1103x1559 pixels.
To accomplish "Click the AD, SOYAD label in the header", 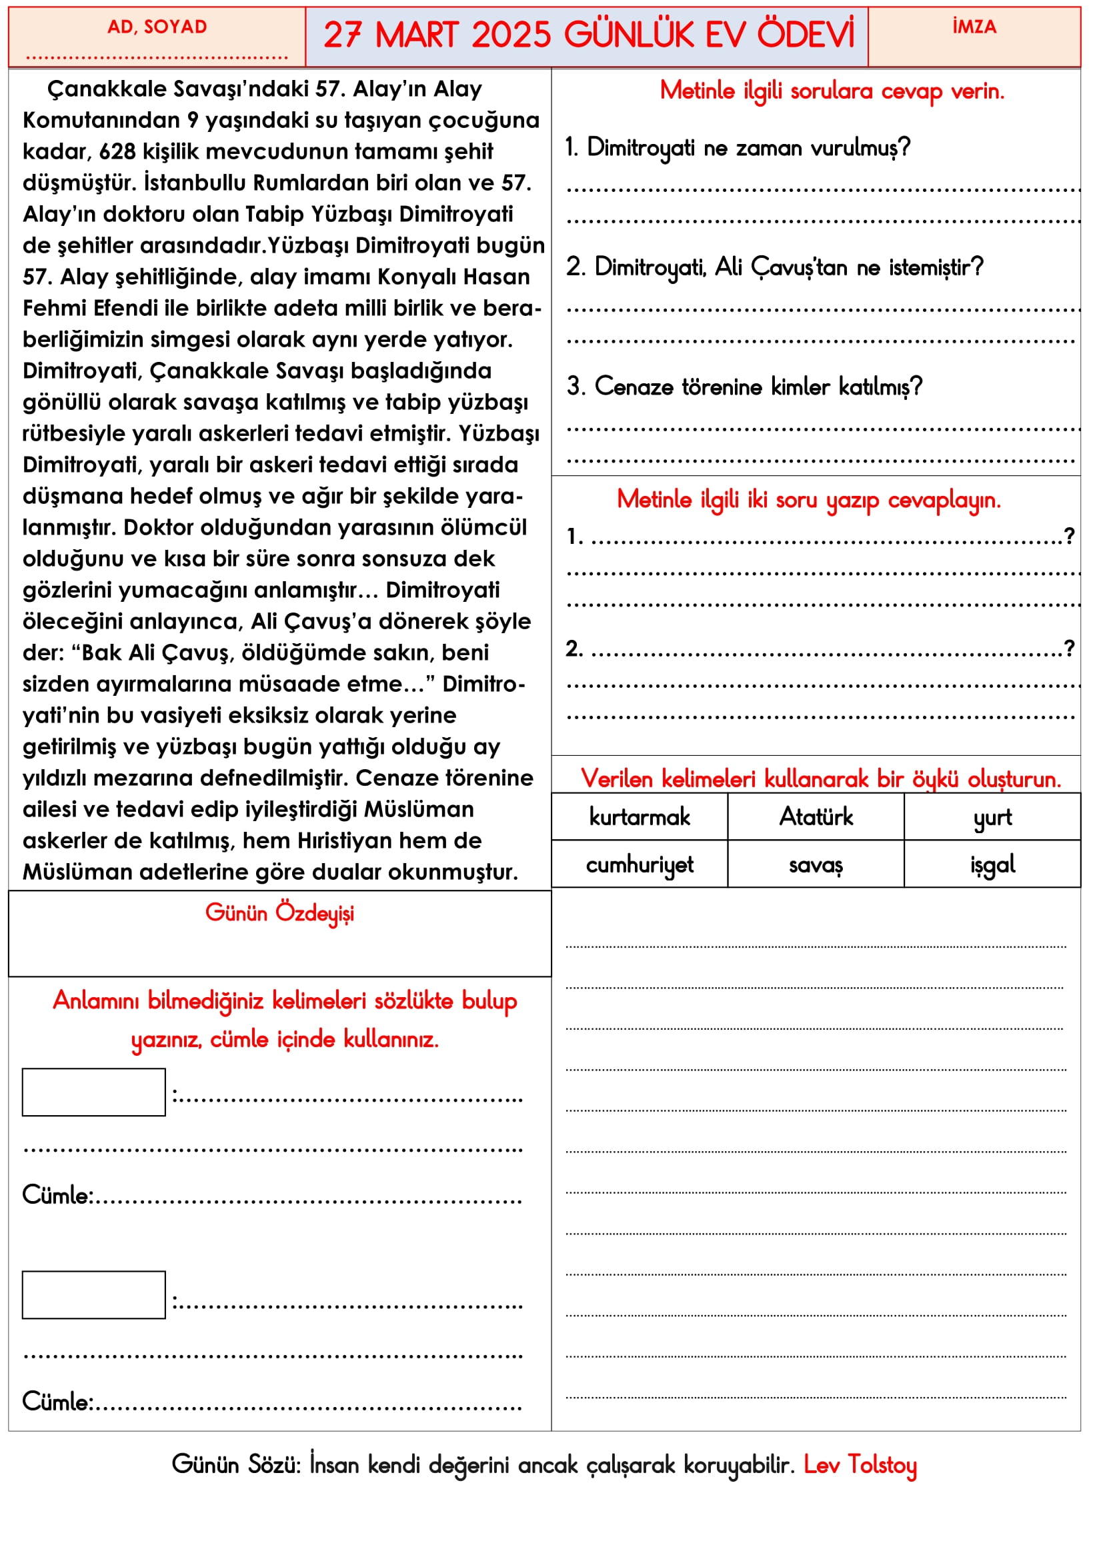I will (x=157, y=27).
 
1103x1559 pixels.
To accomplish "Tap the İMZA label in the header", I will (x=974, y=27).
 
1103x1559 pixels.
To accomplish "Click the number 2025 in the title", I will (x=511, y=35).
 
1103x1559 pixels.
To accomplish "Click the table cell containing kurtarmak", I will (x=639, y=817).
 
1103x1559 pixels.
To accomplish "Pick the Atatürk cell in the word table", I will (x=816, y=817).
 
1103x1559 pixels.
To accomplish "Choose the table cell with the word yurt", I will (x=992, y=818).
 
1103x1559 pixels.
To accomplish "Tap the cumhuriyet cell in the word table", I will (x=639, y=864).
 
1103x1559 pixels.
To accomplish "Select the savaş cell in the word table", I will (x=816, y=865).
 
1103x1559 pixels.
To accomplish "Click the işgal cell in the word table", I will (x=992, y=864).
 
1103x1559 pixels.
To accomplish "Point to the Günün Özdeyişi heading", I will (x=279, y=913).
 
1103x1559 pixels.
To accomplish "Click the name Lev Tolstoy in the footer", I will (x=860, y=1465).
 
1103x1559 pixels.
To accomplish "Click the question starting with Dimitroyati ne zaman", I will (x=738, y=147).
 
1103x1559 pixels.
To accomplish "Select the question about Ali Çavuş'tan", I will (x=775, y=267).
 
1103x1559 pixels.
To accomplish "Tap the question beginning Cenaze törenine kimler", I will (x=745, y=387).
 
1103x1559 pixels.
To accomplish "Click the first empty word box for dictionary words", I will (x=94, y=1092).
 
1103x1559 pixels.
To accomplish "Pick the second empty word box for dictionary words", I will (x=94, y=1295).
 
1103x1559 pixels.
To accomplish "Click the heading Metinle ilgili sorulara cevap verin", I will (x=832, y=90).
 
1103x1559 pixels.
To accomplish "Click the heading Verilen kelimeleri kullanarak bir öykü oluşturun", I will (x=820, y=778).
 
